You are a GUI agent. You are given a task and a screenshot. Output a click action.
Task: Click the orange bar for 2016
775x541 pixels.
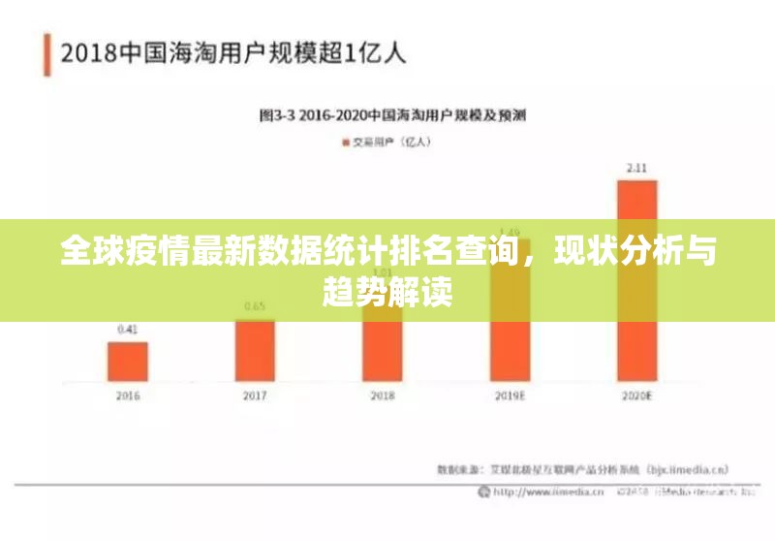coord(127,361)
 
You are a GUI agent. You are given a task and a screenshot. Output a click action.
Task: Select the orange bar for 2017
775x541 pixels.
coord(255,350)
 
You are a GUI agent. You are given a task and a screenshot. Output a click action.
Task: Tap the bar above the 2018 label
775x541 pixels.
coord(382,350)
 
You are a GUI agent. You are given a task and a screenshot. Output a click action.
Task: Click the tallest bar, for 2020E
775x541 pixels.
coord(636,280)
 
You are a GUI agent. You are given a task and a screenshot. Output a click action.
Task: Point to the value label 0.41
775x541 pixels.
coord(127,330)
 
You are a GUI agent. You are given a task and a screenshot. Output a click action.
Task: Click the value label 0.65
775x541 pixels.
coord(255,306)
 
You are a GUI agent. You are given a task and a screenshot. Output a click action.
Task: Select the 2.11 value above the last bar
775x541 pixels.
coord(636,168)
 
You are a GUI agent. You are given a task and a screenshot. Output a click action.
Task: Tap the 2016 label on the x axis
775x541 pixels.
coord(127,396)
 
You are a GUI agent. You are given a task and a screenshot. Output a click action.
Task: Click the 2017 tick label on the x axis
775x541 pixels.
coord(255,396)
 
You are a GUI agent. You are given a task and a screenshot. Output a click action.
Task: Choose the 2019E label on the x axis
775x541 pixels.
coord(510,396)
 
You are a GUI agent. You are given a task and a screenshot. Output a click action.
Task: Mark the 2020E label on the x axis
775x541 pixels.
coord(636,396)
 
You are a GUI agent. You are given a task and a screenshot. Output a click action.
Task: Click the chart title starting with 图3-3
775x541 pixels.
coord(392,114)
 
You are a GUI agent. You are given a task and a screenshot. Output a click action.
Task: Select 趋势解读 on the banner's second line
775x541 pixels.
coord(387,289)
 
